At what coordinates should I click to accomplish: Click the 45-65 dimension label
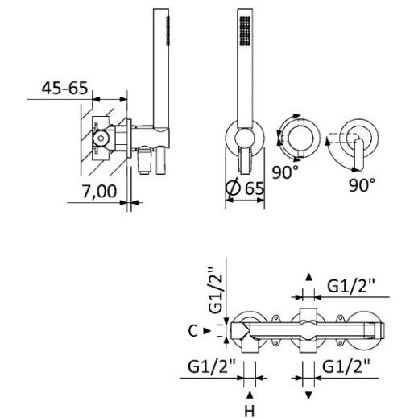pos(64,88)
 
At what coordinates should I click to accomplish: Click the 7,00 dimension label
pos(99,192)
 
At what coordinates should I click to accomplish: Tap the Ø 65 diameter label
pos(245,188)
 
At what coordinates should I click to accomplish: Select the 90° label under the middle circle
pos(285,172)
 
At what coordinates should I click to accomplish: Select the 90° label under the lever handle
pos(362,185)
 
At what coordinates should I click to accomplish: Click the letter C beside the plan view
pos(193,331)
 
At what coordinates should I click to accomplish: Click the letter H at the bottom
pos(250,411)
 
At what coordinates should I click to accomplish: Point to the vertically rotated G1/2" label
pos(216,290)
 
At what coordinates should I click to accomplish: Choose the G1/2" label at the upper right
pos(351,286)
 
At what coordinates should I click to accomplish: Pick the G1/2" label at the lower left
pos(212,366)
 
